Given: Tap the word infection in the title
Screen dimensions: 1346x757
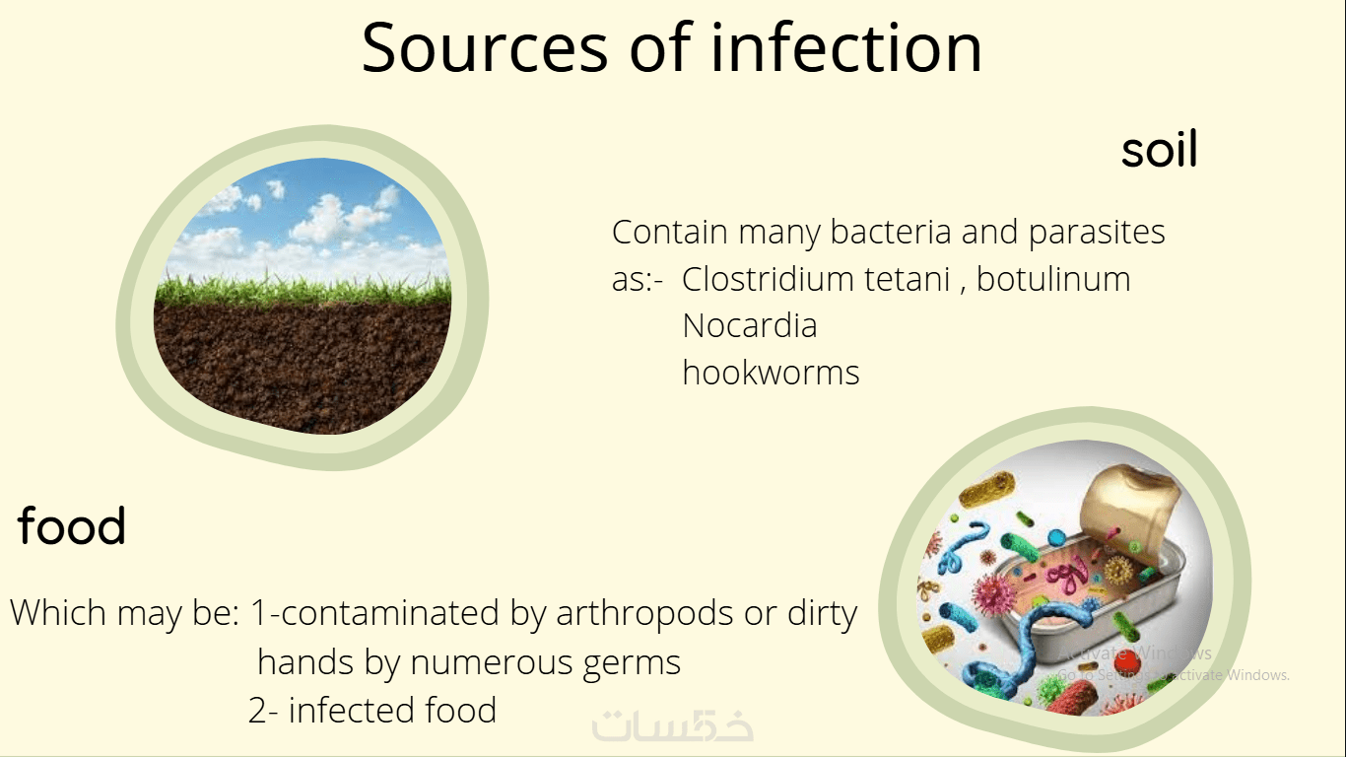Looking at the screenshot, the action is point(846,46).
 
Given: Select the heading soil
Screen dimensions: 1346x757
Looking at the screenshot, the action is point(1159,148).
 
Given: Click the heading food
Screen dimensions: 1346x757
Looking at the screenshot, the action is point(72,524).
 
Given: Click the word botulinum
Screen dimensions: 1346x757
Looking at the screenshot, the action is point(1052,279).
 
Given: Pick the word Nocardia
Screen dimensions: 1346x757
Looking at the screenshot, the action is point(749,326).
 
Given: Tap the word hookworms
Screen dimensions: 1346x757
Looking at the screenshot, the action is point(771,373).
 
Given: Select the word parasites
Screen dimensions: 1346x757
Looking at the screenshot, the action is point(1097,233).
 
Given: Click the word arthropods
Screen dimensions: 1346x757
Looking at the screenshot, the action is point(644,614).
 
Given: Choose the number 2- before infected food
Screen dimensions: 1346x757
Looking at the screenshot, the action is point(263,710).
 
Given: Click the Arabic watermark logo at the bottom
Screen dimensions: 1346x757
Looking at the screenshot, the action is point(672,726).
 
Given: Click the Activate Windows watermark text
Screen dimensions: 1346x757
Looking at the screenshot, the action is point(1173,663).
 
